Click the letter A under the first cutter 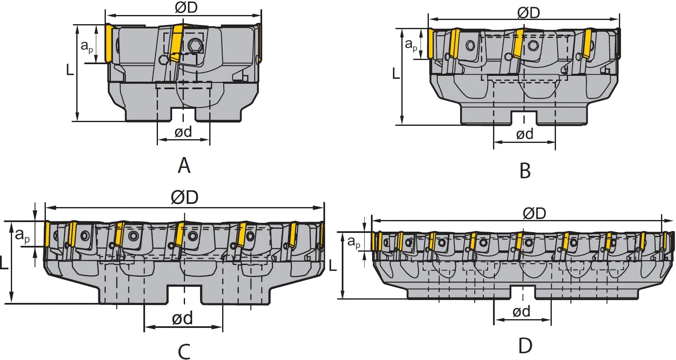pos(184,166)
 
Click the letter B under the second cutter pos(525,170)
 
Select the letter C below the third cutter pos(184,351)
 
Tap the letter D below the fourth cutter pos(525,345)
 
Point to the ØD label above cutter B pos(528,12)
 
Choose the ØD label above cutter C pos(184,197)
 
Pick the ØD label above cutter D pos(534,213)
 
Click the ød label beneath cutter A pos(183,132)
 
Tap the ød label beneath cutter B pos(525,134)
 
